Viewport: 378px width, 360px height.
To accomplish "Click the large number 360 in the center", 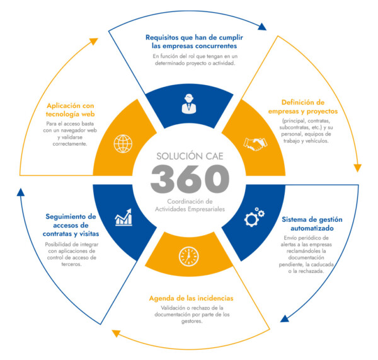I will click(189, 179).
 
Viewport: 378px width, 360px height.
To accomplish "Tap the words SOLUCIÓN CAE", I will click(189, 155).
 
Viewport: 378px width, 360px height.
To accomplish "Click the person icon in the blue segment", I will click(188, 103).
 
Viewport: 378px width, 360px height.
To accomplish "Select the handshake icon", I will click(255, 144).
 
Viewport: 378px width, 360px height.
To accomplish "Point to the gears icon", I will click(255, 217).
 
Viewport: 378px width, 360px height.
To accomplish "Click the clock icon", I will click(188, 255).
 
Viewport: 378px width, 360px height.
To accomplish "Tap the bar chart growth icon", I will click(123, 218).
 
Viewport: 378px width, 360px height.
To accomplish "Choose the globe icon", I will click(122, 143).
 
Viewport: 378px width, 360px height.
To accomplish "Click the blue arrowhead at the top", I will click(262, 27).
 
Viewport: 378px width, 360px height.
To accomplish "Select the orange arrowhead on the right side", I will click(358, 168).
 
